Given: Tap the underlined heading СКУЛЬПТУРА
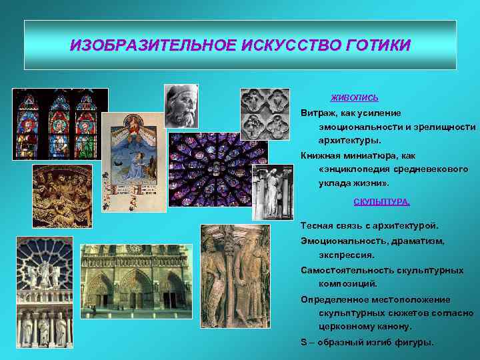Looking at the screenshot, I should pyautogui.click(x=381, y=201).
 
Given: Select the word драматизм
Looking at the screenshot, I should pyautogui.click(x=415, y=240).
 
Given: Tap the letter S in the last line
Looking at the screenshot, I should pyautogui.click(x=304, y=342).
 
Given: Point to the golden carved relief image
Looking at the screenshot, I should pyautogui.click(x=62, y=196).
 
